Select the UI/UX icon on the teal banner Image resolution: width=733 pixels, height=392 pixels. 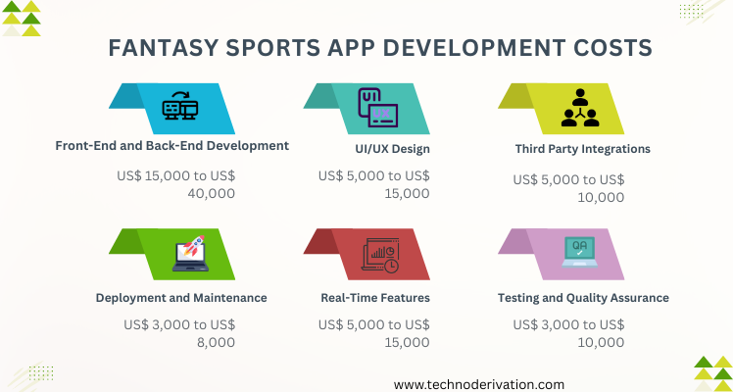(378, 108)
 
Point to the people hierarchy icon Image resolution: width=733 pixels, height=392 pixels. (580, 108)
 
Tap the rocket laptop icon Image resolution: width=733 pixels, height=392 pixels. (190, 253)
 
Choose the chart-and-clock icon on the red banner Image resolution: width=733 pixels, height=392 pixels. (380, 255)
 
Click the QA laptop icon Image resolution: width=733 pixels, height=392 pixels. (580, 252)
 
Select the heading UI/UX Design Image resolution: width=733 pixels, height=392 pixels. (392, 150)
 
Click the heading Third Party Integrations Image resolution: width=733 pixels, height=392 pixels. (582, 149)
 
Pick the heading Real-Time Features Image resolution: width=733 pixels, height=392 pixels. (375, 298)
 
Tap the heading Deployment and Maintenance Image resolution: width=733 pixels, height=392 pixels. (181, 298)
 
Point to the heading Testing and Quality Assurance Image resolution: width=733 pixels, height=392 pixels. (583, 298)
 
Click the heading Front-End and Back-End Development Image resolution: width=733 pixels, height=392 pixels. (172, 146)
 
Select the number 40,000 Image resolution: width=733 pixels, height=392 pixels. (212, 193)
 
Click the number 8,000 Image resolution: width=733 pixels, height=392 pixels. (216, 342)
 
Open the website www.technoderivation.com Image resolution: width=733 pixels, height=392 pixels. (479, 384)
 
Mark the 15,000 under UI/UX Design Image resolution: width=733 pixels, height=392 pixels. (407, 193)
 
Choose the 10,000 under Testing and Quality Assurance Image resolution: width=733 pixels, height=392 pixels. (601, 342)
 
